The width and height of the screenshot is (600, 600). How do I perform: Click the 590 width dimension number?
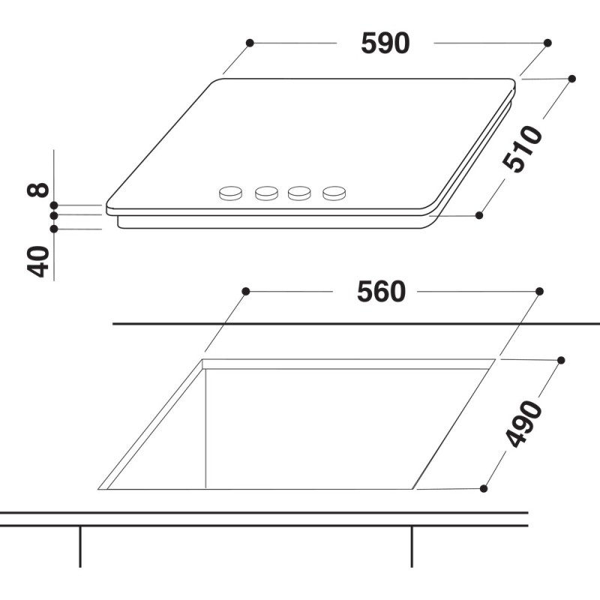[x=385, y=43]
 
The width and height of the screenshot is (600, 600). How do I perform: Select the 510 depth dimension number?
[x=522, y=148]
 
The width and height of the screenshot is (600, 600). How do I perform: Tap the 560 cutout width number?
[x=381, y=292]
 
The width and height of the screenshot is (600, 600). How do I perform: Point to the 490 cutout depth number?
[x=523, y=424]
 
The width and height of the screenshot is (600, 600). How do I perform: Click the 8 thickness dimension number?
[x=38, y=190]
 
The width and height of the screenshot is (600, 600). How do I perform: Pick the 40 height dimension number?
[x=38, y=261]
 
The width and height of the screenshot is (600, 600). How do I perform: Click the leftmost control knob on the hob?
[x=230, y=193]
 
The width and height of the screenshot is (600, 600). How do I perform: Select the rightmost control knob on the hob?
[x=334, y=193]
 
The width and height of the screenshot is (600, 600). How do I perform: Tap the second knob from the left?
[x=267, y=193]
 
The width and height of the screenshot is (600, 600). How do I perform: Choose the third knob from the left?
[x=299, y=193]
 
